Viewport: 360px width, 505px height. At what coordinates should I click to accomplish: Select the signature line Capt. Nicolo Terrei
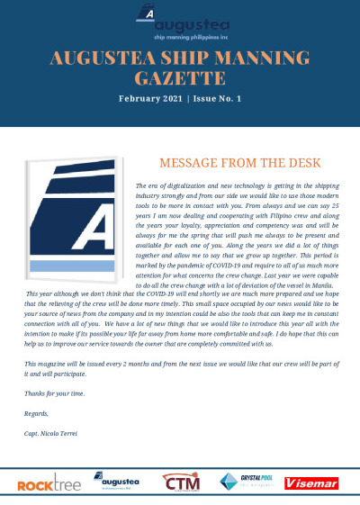52,433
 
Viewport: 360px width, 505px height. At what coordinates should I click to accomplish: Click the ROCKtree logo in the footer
49,485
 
